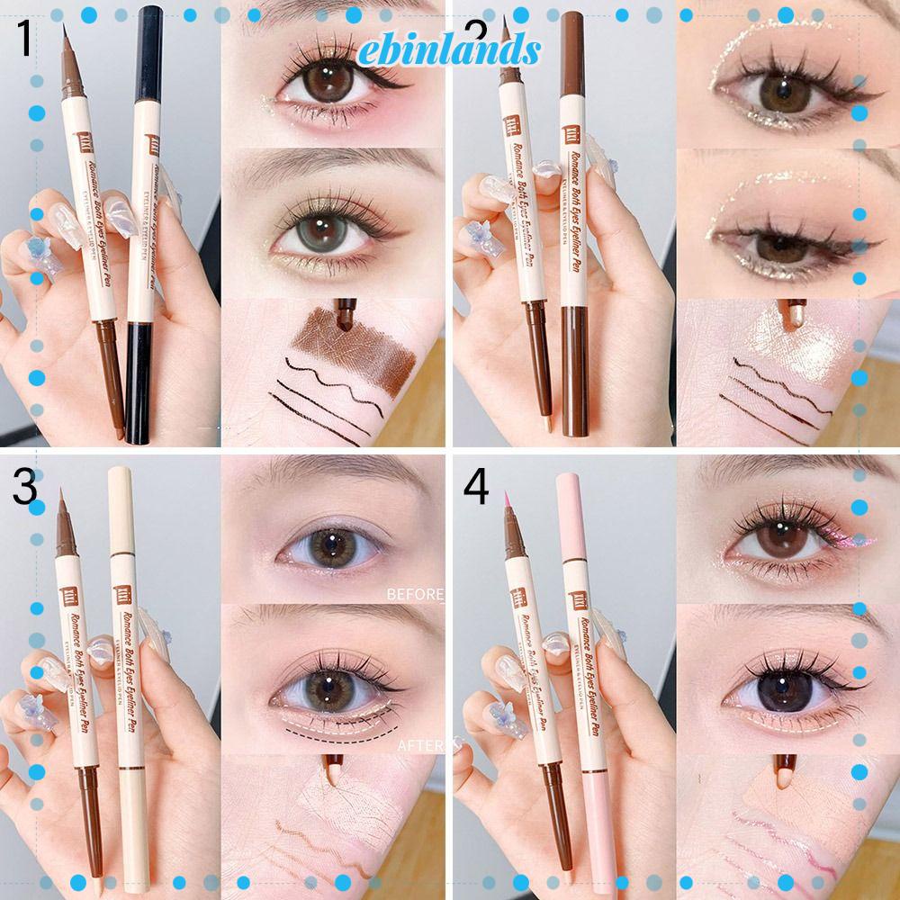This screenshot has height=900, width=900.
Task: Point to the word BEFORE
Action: click(415, 594)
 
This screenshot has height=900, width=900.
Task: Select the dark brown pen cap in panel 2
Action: click(572, 54)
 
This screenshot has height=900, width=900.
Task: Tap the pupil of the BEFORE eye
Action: click(332, 544)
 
